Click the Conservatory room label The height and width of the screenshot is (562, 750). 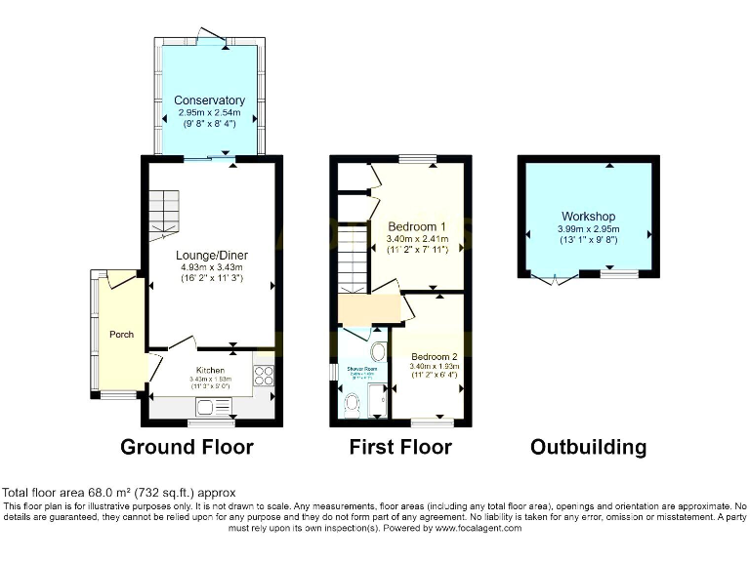point(209,100)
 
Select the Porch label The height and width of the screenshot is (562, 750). point(121,335)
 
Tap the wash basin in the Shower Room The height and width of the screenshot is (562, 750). point(377,352)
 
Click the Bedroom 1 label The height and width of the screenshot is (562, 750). point(417,225)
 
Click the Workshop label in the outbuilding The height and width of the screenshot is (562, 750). point(589,217)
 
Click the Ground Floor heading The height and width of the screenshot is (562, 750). point(187,448)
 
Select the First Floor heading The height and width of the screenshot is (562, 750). point(400,448)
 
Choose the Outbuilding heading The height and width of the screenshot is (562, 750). point(588,448)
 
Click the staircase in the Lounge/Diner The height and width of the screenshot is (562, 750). point(165,215)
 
